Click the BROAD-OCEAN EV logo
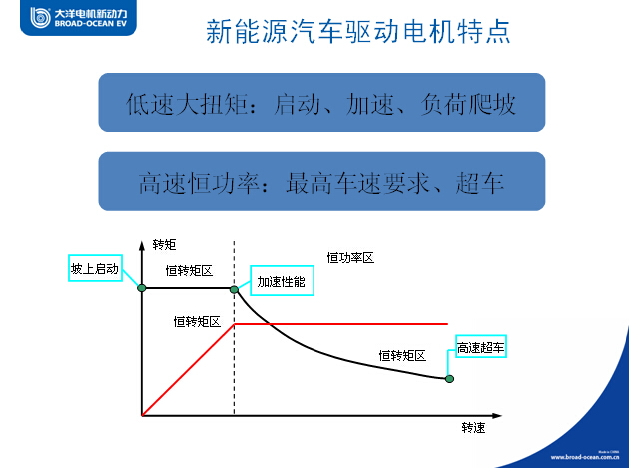[x=78, y=18]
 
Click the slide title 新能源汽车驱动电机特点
[x=357, y=31]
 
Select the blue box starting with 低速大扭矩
[x=321, y=102]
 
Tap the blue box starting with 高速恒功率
[x=321, y=181]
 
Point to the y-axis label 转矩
[x=164, y=245]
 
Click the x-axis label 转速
[x=473, y=428]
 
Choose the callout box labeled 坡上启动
[x=95, y=268]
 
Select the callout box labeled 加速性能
[x=282, y=280]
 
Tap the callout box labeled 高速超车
[x=481, y=346]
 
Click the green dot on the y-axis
[x=142, y=288]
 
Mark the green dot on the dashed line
[x=234, y=289]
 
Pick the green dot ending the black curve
[x=449, y=379]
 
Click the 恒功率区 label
[x=350, y=258]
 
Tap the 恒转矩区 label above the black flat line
[x=189, y=271]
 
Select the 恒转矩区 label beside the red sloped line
[x=197, y=322]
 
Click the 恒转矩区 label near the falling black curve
[x=402, y=355]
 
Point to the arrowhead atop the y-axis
[x=141, y=245]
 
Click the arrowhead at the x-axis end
[x=497, y=416]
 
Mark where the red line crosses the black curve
[x=270, y=324]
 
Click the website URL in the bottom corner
[x=584, y=457]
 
